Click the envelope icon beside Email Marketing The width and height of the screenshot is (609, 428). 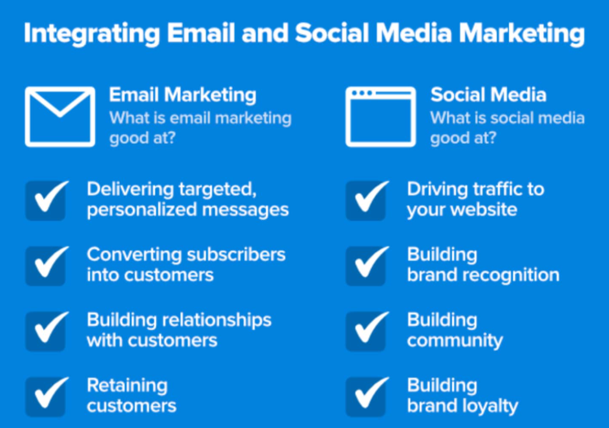point(60,90)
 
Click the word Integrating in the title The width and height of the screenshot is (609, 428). point(92,34)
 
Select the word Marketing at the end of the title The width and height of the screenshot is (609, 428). point(522,34)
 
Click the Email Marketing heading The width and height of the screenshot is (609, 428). point(183,95)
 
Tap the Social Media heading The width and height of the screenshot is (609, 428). point(488,95)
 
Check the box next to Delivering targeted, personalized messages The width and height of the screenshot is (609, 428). point(46,200)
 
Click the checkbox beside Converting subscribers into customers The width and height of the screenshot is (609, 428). point(46,265)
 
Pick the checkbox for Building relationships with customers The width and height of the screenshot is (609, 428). point(46,331)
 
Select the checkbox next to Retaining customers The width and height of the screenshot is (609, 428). point(46,396)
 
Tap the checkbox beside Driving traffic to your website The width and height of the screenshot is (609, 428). point(367,200)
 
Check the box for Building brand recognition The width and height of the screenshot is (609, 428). point(367,265)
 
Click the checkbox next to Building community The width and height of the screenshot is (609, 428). point(367,331)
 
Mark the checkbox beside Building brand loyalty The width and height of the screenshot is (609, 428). point(367,396)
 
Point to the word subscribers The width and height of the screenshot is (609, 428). point(236,255)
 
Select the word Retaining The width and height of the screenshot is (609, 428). point(127,386)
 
